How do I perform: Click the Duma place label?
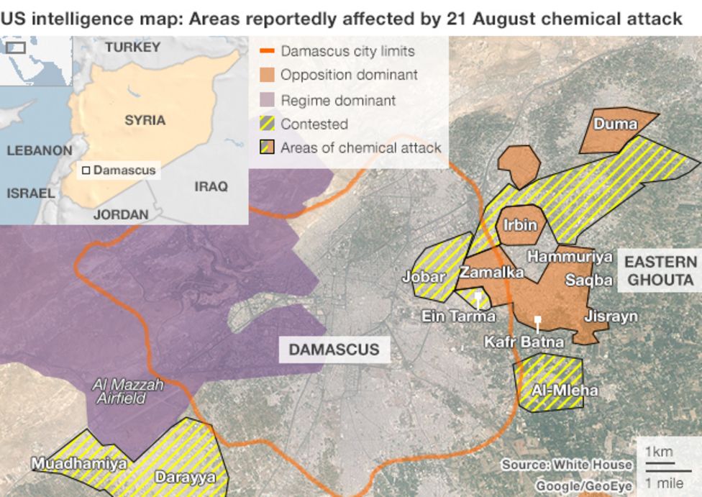point(615,124)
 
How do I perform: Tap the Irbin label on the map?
point(519,225)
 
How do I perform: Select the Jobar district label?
point(424,277)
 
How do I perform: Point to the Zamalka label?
point(491,273)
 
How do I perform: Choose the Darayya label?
point(185,477)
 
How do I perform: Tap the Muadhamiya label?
point(78,464)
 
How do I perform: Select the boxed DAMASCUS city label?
point(334,350)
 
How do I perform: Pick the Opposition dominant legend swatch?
point(267,75)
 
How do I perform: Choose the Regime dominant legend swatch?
point(267,100)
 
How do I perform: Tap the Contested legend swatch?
point(267,124)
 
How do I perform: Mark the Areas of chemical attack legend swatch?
point(267,147)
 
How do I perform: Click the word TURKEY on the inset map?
point(132,47)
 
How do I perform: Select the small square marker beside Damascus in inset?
point(86,170)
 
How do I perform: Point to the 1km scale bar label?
point(658,452)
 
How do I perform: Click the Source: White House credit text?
point(567,465)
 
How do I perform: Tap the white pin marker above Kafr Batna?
point(537,322)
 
